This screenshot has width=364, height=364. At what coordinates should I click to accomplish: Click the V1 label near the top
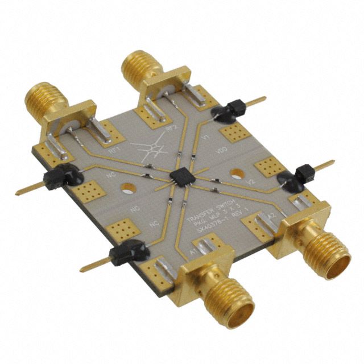point(207,138)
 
